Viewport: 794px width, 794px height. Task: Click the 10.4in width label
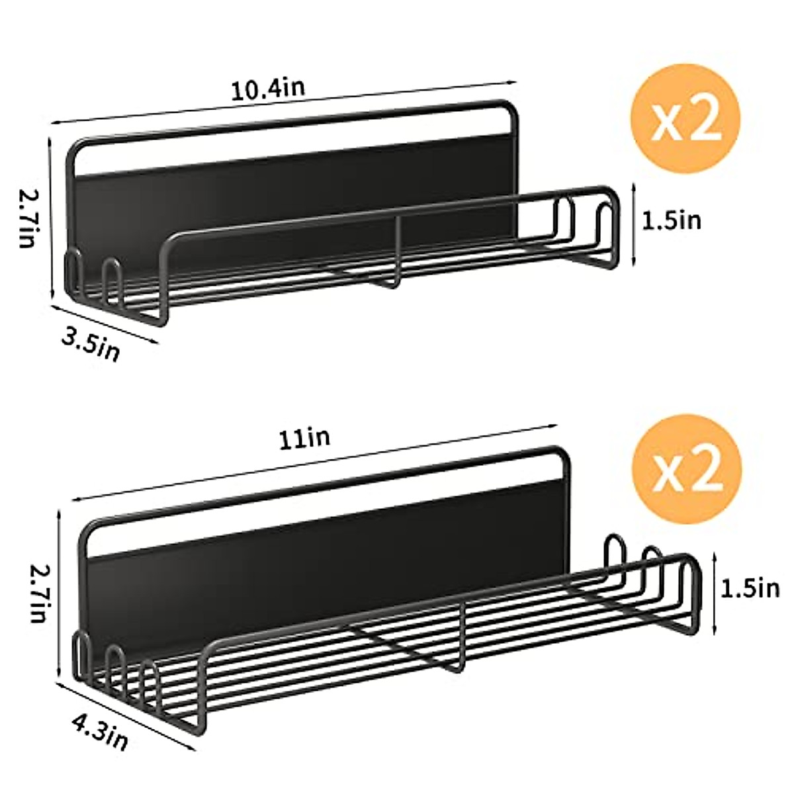[268, 89]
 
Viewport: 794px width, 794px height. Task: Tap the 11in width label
[304, 438]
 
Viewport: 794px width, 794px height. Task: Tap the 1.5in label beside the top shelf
[672, 220]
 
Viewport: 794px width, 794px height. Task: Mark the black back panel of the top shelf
[298, 192]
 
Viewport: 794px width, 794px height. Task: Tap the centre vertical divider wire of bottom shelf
[461, 635]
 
